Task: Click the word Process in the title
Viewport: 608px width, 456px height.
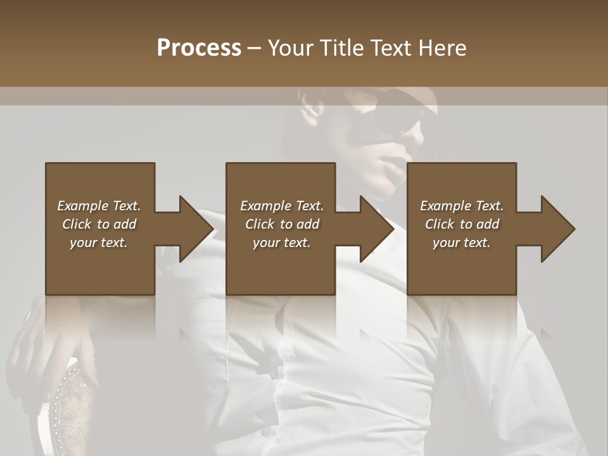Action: pyautogui.click(x=199, y=48)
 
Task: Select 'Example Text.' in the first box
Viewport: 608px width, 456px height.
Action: pyautogui.click(x=99, y=206)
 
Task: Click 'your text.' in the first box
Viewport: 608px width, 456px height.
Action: pyautogui.click(x=99, y=243)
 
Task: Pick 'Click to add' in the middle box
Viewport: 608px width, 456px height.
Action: pyautogui.click(x=282, y=224)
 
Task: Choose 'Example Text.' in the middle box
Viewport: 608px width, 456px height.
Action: pyautogui.click(x=282, y=206)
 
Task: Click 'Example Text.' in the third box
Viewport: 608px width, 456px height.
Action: pyautogui.click(x=462, y=206)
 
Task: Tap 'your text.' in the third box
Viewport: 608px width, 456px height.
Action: pyautogui.click(x=462, y=243)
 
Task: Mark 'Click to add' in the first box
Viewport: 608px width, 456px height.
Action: pyautogui.click(x=99, y=224)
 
